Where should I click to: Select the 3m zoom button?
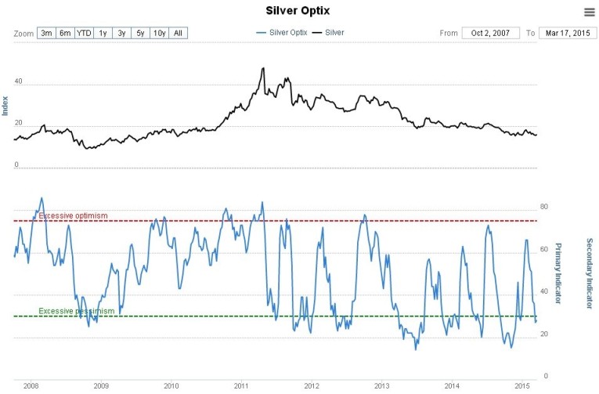[x=46, y=33]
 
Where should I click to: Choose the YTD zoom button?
[x=84, y=33]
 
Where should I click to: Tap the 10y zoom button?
[x=159, y=33]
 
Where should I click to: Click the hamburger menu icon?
[x=589, y=12]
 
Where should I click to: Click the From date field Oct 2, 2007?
[x=491, y=33]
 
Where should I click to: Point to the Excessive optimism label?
[x=73, y=216]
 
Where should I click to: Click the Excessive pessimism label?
[x=77, y=311]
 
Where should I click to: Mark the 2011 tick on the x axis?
[x=241, y=386]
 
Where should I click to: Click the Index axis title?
[x=5, y=106]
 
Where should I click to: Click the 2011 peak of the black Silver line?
[x=262, y=68]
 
